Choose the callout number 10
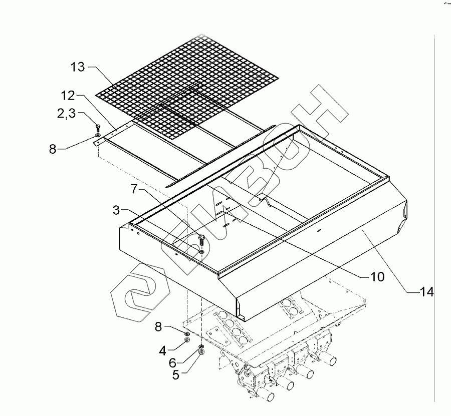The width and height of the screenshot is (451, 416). coord(376,276)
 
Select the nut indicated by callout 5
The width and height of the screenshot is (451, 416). coord(201,352)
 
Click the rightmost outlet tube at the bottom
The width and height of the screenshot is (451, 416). coord(329,358)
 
